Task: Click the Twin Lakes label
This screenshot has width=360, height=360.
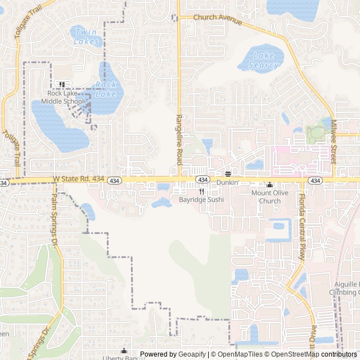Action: point(87,37)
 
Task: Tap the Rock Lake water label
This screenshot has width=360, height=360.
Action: point(105,89)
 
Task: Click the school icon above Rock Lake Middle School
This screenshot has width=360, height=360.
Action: point(62,85)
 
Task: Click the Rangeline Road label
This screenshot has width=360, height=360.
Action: point(179,139)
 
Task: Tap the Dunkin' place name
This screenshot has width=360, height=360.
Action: point(228,183)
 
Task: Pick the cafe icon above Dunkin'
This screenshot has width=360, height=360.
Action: point(228,174)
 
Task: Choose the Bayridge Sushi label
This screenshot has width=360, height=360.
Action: point(201,200)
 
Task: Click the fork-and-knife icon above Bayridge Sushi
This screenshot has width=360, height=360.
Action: point(201,191)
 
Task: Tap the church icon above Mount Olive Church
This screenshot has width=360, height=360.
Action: point(269,184)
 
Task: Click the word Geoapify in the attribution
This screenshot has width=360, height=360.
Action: point(192,354)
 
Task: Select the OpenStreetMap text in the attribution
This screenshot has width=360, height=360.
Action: point(300,354)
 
